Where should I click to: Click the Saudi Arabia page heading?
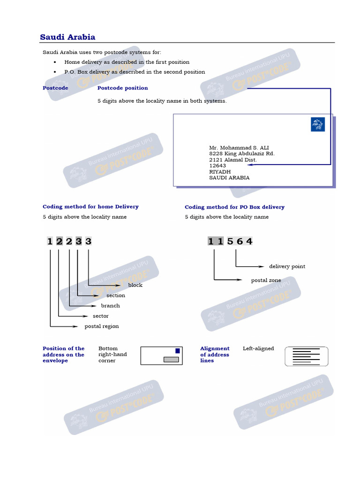tap(67, 37)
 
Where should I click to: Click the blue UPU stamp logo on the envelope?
tap(317, 124)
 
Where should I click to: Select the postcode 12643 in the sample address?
tap(217, 165)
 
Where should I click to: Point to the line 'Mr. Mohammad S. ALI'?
tap(239, 148)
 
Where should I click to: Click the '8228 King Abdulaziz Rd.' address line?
tap(242, 153)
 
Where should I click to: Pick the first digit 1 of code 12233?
tap(50, 241)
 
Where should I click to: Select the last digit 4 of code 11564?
tap(249, 241)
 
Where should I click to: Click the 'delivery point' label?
tap(287, 266)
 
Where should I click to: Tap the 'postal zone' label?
tap(266, 280)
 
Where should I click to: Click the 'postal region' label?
tap(101, 326)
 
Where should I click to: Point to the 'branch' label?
tap(110, 306)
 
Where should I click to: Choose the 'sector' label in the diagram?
tap(101, 316)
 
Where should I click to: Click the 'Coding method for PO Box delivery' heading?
tap(234, 207)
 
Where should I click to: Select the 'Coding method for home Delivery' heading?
tap(90, 206)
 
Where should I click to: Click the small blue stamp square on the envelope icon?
tap(177, 351)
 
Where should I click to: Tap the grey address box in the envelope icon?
tap(171, 360)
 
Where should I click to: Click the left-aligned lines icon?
tap(307, 356)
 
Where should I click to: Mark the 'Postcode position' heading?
tap(122, 88)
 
